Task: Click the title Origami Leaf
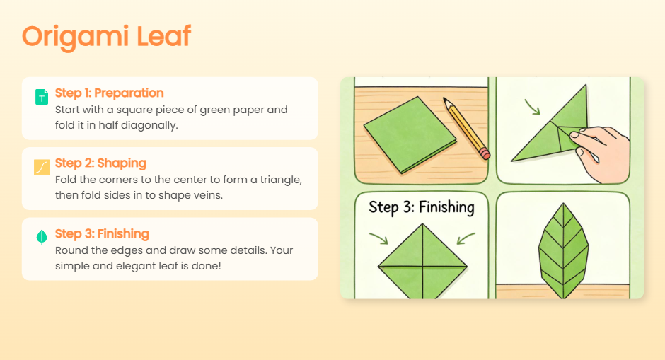pyautogui.click(x=106, y=37)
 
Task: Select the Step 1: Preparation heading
pyautogui.click(x=110, y=93)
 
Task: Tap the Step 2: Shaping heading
pyautogui.click(x=100, y=163)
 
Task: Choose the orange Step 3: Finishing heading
pyautogui.click(x=102, y=233)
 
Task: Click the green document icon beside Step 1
pyautogui.click(x=42, y=97)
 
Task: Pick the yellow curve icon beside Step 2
pyautogui.click(x=42, y=167)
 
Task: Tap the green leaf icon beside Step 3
pyautogui.click(x=42, y=238)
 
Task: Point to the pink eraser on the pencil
pyautogui.click(x=485, y=153)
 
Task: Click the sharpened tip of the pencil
pyautogui.click(x=444, y=99)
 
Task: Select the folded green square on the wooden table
pyautogui.click(x=410, y=135)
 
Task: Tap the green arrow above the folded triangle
pyautogui.click(x=532, y=107)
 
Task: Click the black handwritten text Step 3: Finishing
pyautogui.click(x=422, y=207)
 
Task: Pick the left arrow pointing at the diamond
pyautogui.click(x=378, y=238)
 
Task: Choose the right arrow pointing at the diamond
pyautogui.click(x=466, y=238)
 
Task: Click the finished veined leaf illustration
pyautogui.click(x=563, y=251)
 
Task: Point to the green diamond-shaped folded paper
pyautogui.click(x=422, y=262)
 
